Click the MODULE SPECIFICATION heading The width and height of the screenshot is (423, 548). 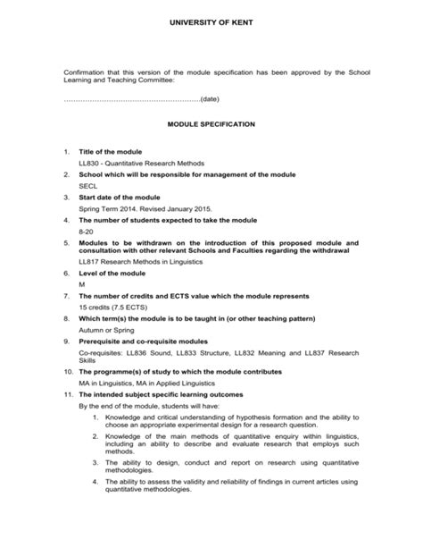pyautogui.click(x=211, y=123)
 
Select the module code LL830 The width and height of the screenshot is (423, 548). pyautogui.click(x=89, y=164)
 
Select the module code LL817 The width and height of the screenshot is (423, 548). pyautogui.click(x=89, y=262)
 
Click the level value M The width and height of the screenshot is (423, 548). pyautogui.click(x=82, y=283)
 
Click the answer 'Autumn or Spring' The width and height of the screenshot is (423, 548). pyautogui.click(x=105, y=327)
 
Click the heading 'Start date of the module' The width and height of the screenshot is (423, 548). pyautogui.click(x=119, y=197)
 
